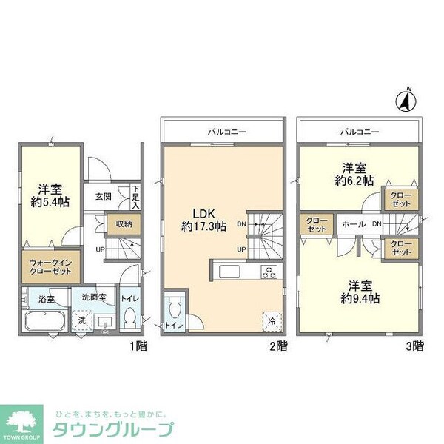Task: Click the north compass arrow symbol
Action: (x=406, y=99)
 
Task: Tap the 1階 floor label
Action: (x=138, y=345)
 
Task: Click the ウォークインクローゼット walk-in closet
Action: (x=50, y=267)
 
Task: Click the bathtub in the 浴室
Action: (x=44, y=323)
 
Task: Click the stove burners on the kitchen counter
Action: (x=269, y=271)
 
